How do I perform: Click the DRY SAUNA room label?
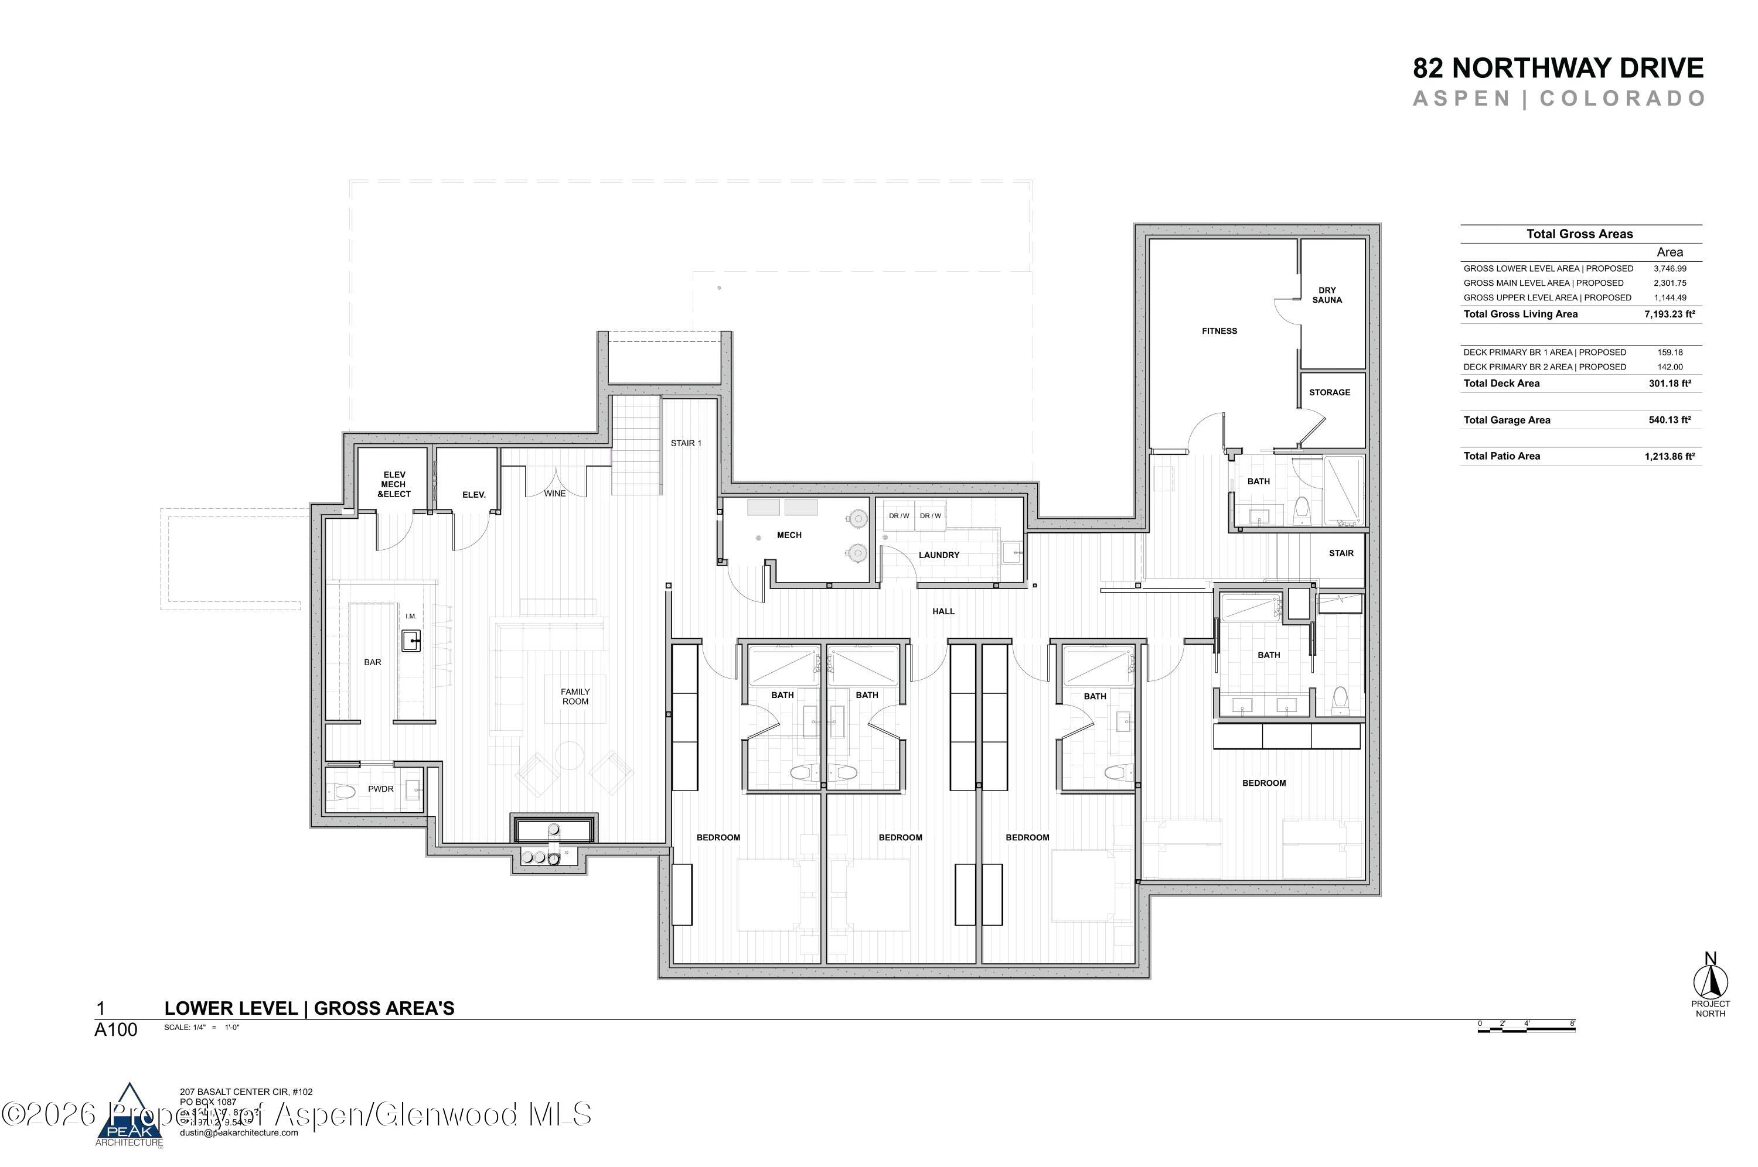(x=1326, y=295)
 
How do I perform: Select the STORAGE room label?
(x=1329, y=392)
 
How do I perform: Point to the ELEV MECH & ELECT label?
(x=394, y=484)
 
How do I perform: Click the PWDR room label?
(x=380, y=789)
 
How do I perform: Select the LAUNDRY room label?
(x=938, y=555)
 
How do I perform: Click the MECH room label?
(x=789, y=535)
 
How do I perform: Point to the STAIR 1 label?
(x=686, y=443)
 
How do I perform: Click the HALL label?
(x=943, y=611)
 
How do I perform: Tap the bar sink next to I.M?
(x=411, y=640)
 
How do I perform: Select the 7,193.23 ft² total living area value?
(x=1670, y=314)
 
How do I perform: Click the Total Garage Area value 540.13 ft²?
(x=1670, y=420)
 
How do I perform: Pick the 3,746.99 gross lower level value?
(x=1670, y=269)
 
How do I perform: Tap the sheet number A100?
(x=115, y=1030)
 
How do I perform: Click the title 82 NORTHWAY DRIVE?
(x=1558, y=69)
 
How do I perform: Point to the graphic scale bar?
(x=1526, y=1027)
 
